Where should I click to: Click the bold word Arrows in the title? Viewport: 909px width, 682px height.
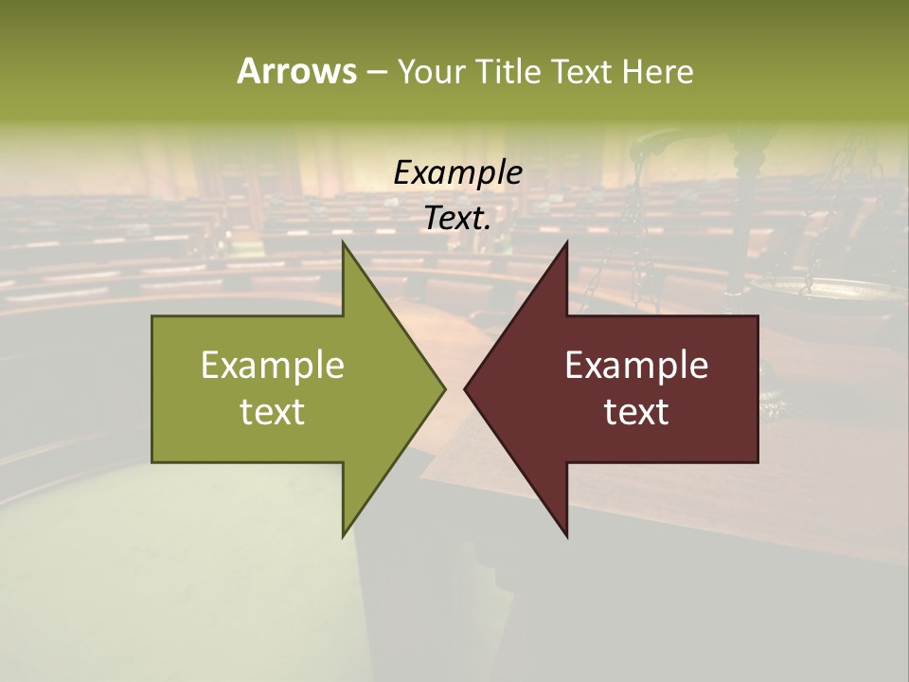click(x=296, y=71)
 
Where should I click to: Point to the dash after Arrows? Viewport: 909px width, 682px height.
click(x=376, y=73)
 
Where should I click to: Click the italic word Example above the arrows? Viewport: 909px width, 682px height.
click(x=457, y=173)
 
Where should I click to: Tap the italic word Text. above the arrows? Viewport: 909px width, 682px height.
click(x=457, y=218)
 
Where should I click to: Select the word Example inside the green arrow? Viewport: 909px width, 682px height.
click(x=273, y=366)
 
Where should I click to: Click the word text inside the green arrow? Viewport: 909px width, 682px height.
click(x=273, y=411)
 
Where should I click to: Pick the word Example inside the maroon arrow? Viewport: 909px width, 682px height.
click(x=636, y=366)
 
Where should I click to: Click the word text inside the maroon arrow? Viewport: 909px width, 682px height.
click(x=636, y=411)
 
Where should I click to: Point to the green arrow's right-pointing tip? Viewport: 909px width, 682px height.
click(x=443, y=388)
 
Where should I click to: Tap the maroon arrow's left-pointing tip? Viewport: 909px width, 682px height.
click(x=466, y=388)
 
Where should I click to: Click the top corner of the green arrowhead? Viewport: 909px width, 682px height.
click(x=344, y=244)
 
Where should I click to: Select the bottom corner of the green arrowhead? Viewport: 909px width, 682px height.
click(x=344, y=534)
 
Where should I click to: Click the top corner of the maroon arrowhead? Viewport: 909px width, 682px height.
click(x=566, y=244)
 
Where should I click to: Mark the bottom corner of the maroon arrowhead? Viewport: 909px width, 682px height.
click(x=566, y=534)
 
